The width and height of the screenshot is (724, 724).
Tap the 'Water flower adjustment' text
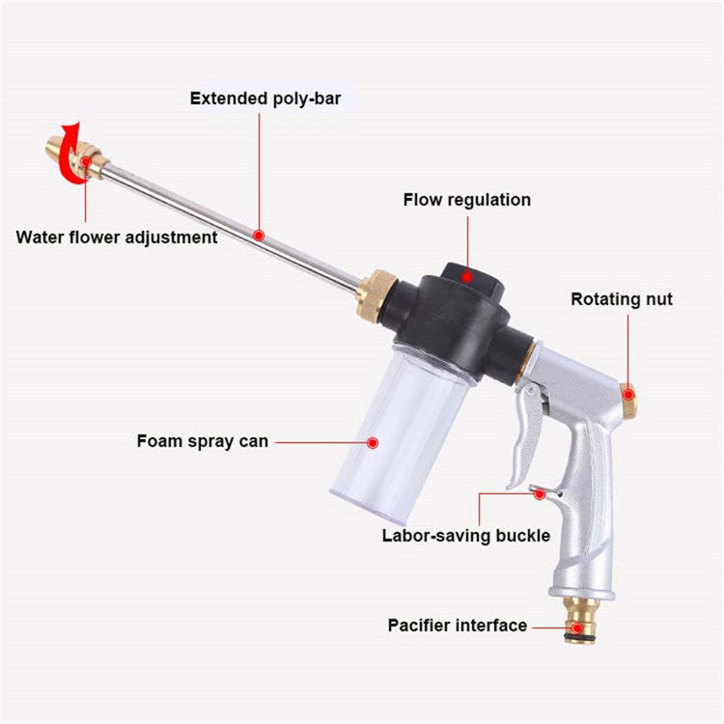coord(117,237)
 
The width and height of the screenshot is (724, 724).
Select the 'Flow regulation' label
coord(466,201)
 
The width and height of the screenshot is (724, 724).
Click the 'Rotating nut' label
coord(621,299)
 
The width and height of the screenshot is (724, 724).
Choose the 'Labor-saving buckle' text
coord(465,535)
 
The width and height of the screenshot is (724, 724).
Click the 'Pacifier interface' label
coord(458,626)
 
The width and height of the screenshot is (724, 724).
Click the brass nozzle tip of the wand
coord(57,150)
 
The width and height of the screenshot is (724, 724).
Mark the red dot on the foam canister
coord(372,442)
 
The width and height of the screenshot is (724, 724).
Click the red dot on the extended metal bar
coord(258,234)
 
